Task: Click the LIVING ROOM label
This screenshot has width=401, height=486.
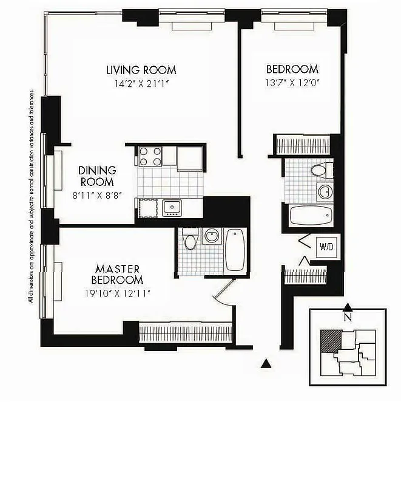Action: coord(141,70)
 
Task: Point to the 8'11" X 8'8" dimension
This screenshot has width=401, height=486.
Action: coord(96,194)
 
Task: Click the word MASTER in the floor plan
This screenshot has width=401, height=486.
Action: coord(118,269)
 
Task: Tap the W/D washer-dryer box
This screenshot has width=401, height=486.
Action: coord(326,247)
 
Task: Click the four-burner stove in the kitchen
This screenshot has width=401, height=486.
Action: coord(150,157)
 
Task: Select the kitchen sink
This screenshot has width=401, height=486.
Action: coord(172,208)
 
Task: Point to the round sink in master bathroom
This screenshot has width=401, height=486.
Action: coord(211,236)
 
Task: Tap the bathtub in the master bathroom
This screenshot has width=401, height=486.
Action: coord(234,249)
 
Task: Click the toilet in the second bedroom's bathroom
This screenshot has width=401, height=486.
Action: coord(318,170)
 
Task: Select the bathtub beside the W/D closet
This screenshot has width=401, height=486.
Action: coord(311,214)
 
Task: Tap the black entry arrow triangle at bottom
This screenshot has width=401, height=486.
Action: coord(265,363)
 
